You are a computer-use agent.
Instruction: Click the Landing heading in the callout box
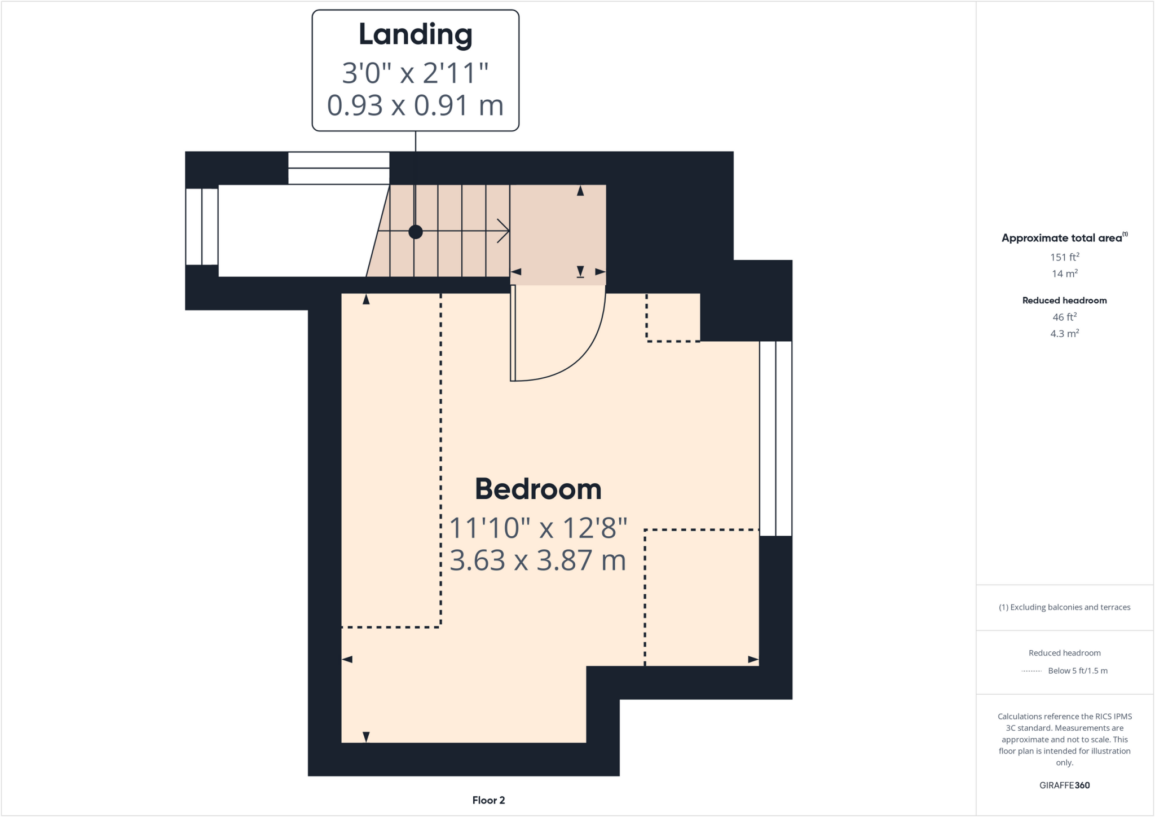pyautogui.click(x=415, y=35)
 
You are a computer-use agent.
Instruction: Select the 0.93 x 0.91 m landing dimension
pyautogui.click(x=415, y=105)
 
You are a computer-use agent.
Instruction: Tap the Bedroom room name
pyautogui.click(x=538, y=489)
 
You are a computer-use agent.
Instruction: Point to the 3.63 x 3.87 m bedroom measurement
pyautogui.click(x=538, y=560)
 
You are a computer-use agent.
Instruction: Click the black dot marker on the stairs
pyautogui.click(x=416, y=232)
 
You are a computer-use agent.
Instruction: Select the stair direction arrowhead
pyautogui.click(x=504, y=231)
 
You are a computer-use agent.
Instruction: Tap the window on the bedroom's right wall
pyautogui.click(x=775, y=438)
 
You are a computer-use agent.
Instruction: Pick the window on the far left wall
pyautogui.click(x=202, y=227)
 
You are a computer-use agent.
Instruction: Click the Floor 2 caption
pyautogui.click(x=488, y=800)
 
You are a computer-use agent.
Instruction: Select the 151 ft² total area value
pyautogui.click(x=1064, y=257)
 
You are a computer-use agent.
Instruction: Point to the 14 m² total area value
pyautogui.click(x=1064, y=273)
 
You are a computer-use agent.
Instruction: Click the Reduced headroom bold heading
pyautogui.click(x=1064, y=301)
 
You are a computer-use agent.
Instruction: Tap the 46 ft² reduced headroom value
pyautogui.click(x=1064, y=317)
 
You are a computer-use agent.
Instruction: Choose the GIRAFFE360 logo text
pyautogui.click(x=1064, y=785)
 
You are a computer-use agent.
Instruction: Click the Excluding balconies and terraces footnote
pyautogui.click(x=1064, y=607)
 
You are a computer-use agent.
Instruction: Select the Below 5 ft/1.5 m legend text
pyautogui.click(x=1077, y=670)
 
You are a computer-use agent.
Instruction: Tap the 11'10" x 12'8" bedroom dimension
pyautogui.click(x=538, y=528)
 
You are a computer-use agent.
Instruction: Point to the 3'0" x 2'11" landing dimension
pyautogui.click(x=415, y=73)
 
